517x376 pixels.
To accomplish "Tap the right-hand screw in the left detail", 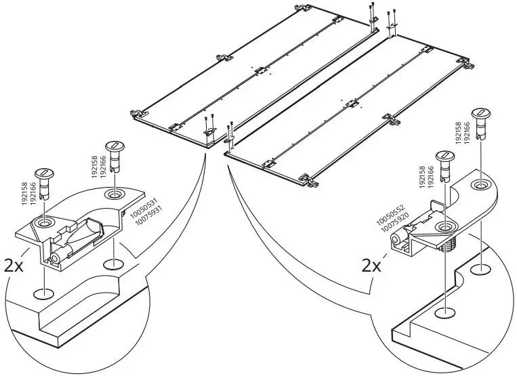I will [x=113, y=155].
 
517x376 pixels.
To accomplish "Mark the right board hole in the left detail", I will [x=114, y=263].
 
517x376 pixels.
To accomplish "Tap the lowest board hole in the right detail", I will [x=444, y=312].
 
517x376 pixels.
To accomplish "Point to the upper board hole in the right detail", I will [x=480, y=270].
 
